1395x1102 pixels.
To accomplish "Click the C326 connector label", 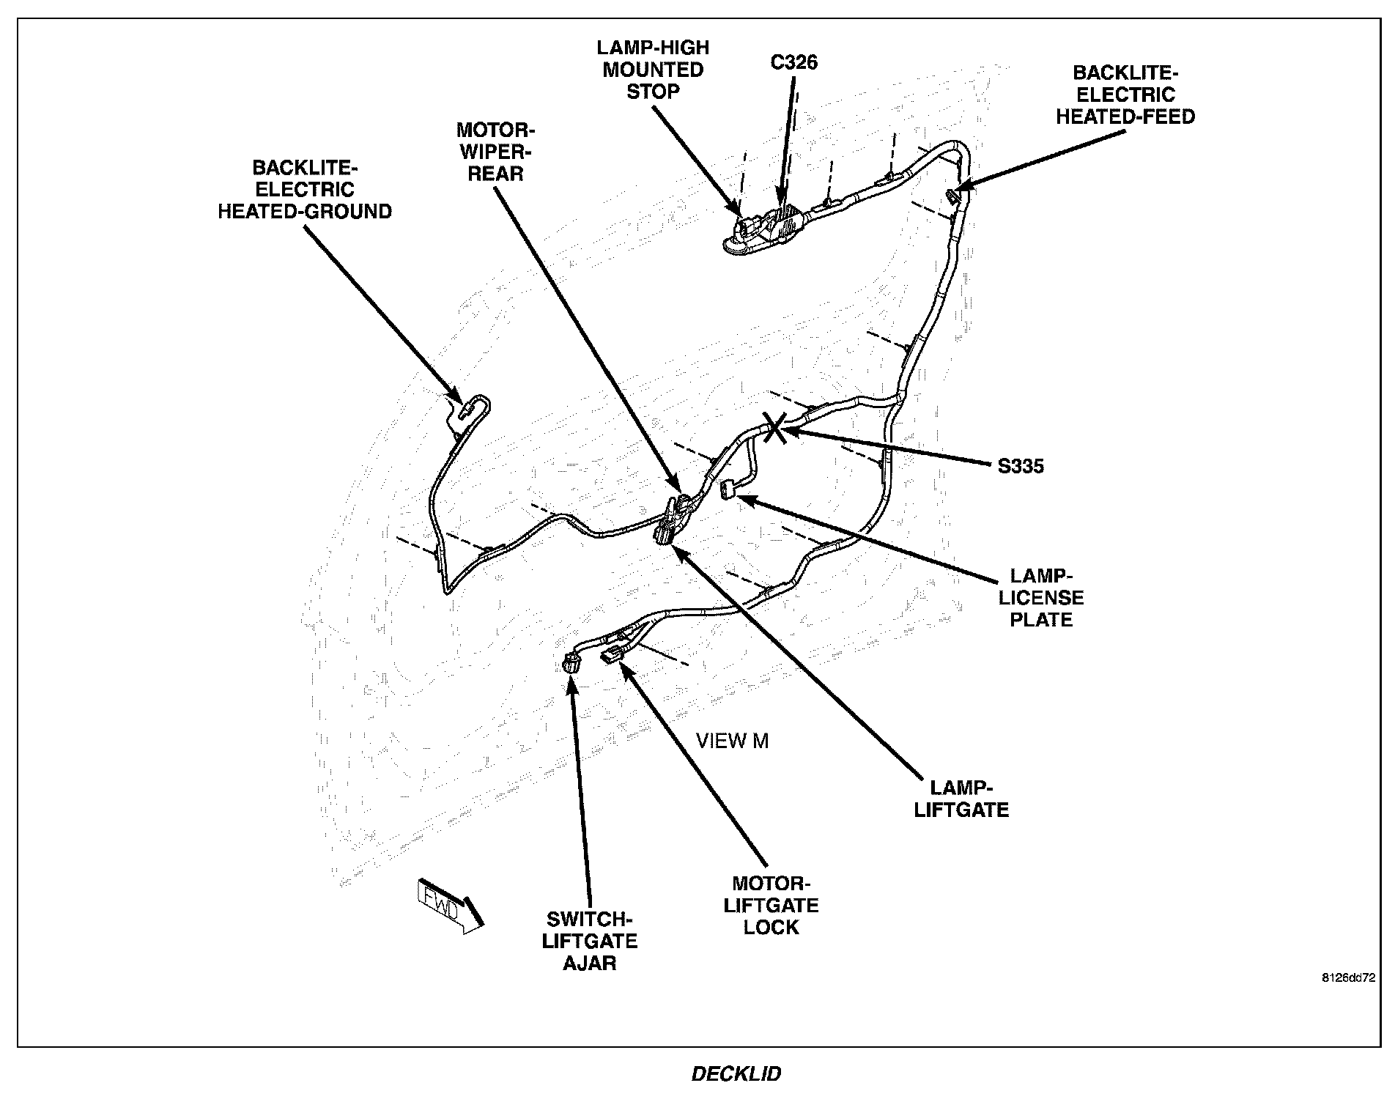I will (x=793, y=62).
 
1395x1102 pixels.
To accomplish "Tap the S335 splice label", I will (x=1020, y=466).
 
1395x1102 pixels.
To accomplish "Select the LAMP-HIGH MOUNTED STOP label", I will (x=652, y=70).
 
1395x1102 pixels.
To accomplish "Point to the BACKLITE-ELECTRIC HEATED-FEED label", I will (x=1125, y=95).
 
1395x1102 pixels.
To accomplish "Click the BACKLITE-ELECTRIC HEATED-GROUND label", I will (x=304, y=190).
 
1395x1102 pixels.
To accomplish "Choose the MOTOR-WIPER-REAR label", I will (x=495, y=152).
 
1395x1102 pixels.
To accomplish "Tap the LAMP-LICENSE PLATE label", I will (x=1041, y=597).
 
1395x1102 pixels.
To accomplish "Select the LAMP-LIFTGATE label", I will (x=961, y=799).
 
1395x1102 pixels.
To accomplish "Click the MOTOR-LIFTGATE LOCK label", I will (x=771, y=906).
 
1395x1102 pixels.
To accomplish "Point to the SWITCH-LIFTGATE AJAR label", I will (x=590, y=942).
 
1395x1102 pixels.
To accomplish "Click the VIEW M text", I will (x=732, y=742).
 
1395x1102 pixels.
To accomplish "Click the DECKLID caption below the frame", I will (x=736, y=1074).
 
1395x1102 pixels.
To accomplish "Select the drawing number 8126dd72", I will (x=1348, y=977).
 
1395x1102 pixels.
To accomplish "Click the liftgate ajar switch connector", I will (x=571, y=665).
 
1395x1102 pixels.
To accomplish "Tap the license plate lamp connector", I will (x=728, y=489).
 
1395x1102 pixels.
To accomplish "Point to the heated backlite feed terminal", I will (x=953, y=196).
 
